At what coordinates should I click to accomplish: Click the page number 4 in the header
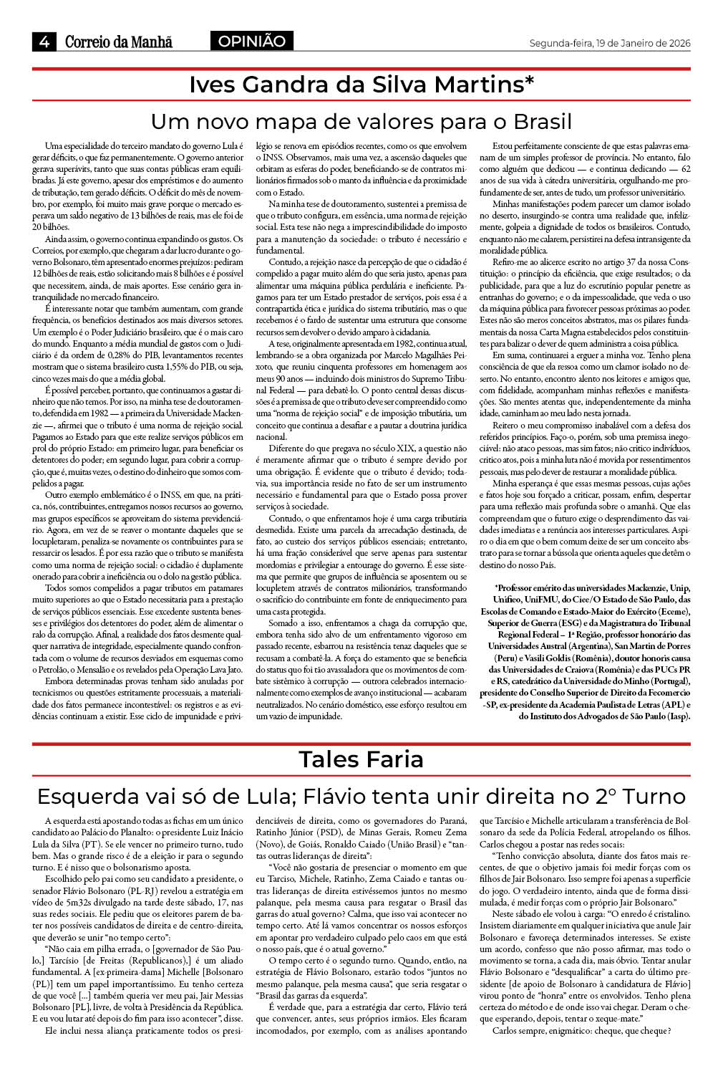tap(44, 42)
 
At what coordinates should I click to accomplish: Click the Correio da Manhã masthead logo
tap(119, 42)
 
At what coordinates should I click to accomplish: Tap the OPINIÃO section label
tap(251, 42)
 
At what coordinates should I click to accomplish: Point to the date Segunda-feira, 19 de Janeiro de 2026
tap(609, 43)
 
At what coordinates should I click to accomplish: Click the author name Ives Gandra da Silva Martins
tap(361, 85)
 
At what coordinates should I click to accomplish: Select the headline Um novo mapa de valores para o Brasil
tap(361, 120)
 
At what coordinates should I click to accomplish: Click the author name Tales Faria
tap(361, 759)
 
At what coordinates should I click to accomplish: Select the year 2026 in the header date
tap(675, 43)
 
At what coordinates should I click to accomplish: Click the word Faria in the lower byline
tap(392, 759)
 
